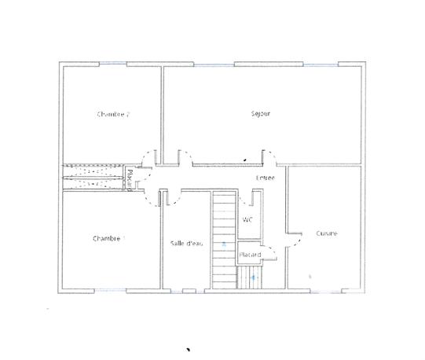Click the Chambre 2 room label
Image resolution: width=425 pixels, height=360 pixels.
pyautogui.click(x=112, y=114)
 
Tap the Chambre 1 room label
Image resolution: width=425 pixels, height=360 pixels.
pyautogui.click(x=108, y=238)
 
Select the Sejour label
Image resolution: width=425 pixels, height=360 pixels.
pyautogui.click(x=261, y=113)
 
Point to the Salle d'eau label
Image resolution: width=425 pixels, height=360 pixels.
pyautogui.click(x=187, y=244)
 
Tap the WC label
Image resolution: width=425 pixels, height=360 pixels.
pyautogui.click(x=247, y=219)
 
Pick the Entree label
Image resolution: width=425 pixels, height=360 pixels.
pyautogui.click(x=266, y=179)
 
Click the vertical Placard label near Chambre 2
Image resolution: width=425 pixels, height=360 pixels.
pyautogui.click(x=129, y=178)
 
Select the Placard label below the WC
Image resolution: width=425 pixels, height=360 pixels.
pyautogui.click(x=250, y=255)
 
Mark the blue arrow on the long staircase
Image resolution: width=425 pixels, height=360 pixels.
pyautogui.click(x=224, y=245)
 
